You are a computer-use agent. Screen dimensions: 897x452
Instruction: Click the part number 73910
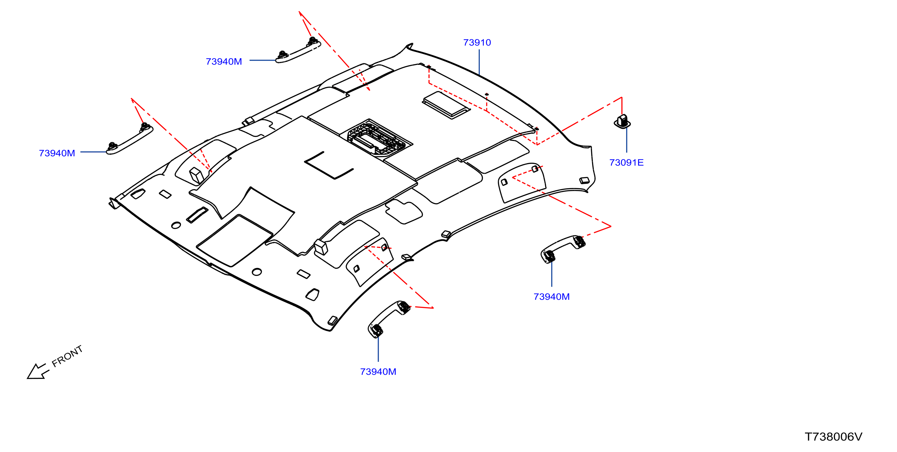(477, 42)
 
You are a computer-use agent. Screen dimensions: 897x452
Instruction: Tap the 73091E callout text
(626, 163)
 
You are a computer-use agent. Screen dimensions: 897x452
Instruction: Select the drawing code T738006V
(833, 437)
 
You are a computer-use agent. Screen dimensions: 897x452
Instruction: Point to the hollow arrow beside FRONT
(37, 371)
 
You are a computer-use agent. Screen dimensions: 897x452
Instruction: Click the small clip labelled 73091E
(622, 121)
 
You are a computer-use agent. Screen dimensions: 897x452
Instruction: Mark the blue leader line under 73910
(479, 62)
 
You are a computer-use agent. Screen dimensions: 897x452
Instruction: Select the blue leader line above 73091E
(627, 139)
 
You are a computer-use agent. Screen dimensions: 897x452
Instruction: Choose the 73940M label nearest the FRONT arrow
(57, 153)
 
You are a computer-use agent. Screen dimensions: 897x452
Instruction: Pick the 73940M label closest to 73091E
(551, 297)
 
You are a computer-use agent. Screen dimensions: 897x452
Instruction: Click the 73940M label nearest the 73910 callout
(224, 62)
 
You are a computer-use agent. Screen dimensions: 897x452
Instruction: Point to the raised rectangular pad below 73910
(446, 105)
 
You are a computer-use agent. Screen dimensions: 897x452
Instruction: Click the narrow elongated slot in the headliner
(197, 215)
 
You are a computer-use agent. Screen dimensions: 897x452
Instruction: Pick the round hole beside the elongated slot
(176, 226)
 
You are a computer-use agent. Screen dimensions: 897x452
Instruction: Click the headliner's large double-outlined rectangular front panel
(234, 241)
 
